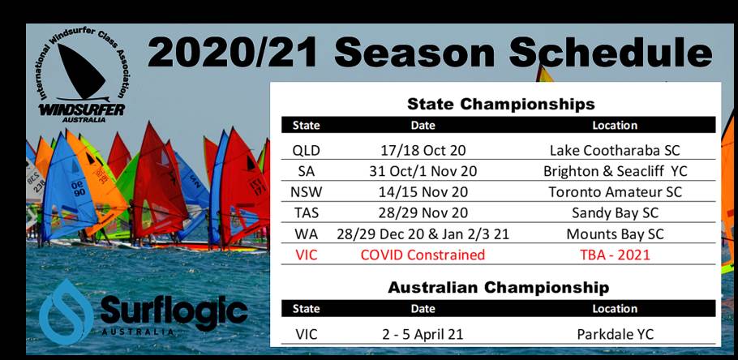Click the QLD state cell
pyautogui.click(x=306, y=151)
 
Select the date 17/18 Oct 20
pyautogui.click(x=423, y=151)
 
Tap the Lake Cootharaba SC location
pyautogui.click(x=615, y=151)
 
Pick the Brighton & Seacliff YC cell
pyautogui.click(x=616, y=171)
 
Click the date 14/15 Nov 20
pyautogui.click(x=423, y=192)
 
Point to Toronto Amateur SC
pyautogui.click(x=616, y=192)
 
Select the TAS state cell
pyautogui.click(x=306, y=212)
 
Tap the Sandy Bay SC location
pyautogui.click(x=616, y=213)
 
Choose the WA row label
pyautogui.click(x=306, y=234)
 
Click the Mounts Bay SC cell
pyautogui.click(x=616, y=234)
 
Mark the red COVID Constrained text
pyautogui.click(x=423, y=255)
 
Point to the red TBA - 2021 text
pyautogui.click(x=616, y=255)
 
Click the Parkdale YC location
pyautogui.click(x=616, y=334)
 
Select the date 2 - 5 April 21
pyautogui.click(x=423, y=335)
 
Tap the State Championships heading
pyautogui.click(x=501, y=104)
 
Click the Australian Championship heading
pyautogui.click(x=499, y=288)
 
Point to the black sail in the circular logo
pyautogui.click(x=79, y=71)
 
